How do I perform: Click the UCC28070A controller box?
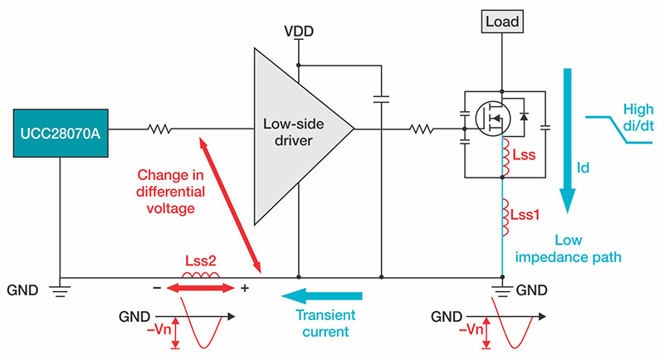(x=61, y=130)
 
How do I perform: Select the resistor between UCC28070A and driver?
(x=159, y=129)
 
